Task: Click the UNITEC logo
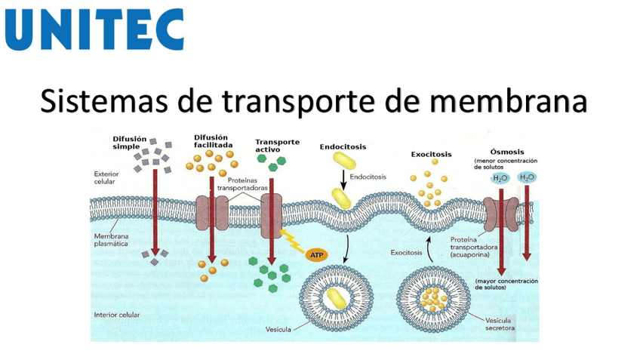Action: coord(94,29)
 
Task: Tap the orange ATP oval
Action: coord(316,255)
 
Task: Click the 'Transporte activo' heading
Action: coord(277,145)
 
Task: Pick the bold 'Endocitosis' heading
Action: coord(343,146)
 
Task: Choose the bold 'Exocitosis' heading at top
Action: coord(432,154)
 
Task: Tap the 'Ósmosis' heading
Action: coord(507,151)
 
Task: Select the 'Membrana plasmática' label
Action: coord(112,240)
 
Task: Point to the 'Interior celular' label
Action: coord(117,314)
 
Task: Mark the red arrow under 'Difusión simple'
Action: coord(154,211)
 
